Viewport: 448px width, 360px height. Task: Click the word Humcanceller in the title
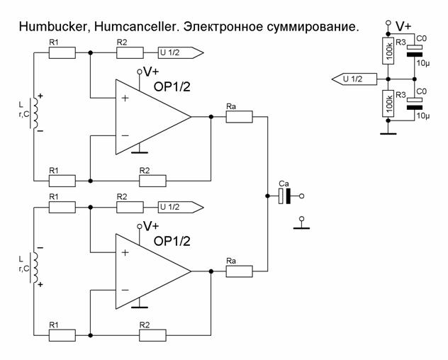(x=137, y=27)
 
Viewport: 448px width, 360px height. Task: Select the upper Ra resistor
(x=239, y=117)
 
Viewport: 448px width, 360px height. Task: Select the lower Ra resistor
(x=239, y=271)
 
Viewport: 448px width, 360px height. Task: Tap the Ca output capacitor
(x=284, y=196)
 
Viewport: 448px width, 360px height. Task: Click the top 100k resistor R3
(x=388, y=51)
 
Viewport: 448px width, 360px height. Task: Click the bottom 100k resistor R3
(x=388, y=103)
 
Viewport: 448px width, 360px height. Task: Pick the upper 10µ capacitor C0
(x=414, y=51)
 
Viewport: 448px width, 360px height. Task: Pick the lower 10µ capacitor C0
(x=414, y=103)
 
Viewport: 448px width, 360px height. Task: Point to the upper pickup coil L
(x=36, y=113)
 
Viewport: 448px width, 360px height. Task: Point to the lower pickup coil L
(x=36, y=267)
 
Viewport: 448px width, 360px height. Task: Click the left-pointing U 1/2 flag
(x=354, y=79)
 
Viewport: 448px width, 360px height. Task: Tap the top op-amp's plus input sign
(x=125, y=98)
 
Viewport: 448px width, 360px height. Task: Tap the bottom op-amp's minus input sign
(x=125, y=291)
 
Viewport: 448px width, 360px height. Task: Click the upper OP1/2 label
(x=172, y=87)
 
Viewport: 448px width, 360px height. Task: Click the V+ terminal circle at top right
(x=388, y=23)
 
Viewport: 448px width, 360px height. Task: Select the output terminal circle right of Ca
(x=301, y=196)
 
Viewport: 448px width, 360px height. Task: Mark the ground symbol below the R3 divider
(x=388, y=133)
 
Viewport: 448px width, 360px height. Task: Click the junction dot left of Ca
(x=267, y=196)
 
